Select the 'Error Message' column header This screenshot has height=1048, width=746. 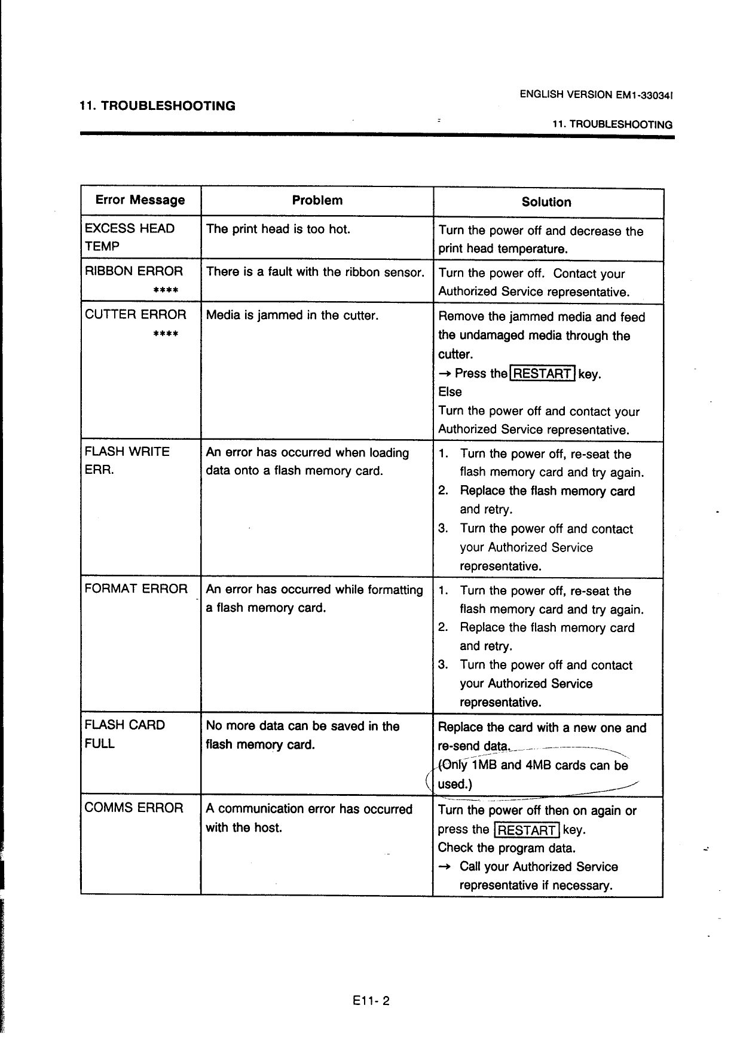140,200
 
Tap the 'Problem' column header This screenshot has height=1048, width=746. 317,200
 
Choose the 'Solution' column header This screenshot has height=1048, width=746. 546,202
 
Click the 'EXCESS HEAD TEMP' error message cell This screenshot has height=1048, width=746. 130,237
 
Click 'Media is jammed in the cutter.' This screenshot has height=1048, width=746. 292,315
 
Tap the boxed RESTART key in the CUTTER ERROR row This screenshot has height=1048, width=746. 542,373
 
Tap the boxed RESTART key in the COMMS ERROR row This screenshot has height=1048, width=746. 527,830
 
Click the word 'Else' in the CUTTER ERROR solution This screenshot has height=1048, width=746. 450,392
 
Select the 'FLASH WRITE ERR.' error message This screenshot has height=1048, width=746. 127,460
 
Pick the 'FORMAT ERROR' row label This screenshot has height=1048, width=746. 136,589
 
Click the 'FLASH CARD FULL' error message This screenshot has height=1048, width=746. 124,734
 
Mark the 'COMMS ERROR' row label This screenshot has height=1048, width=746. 134,808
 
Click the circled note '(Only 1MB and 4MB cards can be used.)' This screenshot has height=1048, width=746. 532,774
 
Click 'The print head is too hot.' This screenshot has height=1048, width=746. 278,229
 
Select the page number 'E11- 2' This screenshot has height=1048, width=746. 371,1001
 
